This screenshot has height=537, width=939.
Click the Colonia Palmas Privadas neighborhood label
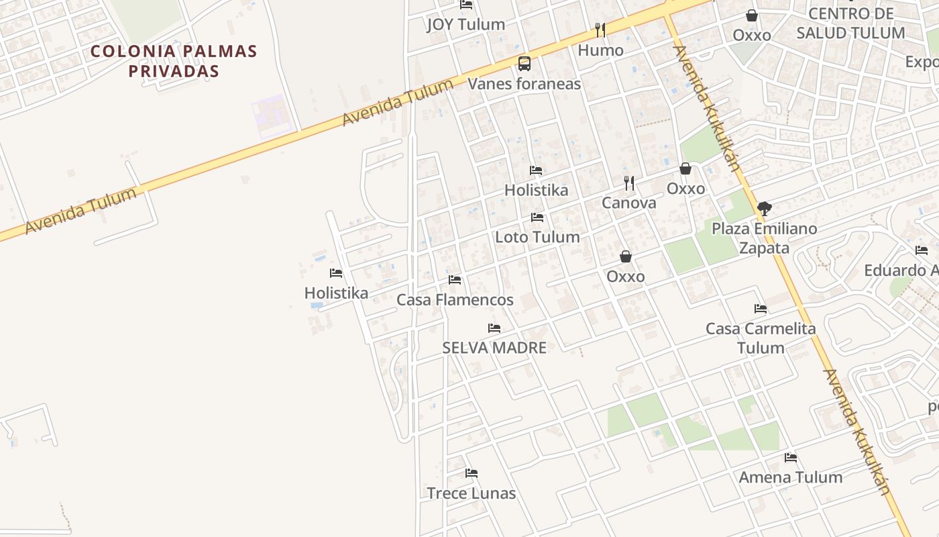[174, 61]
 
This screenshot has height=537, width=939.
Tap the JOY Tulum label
[465, 25]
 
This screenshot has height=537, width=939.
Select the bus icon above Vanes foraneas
[524, 64]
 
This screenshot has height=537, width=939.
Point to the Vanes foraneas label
[524, 84]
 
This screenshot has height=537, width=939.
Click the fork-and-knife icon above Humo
[600, 30]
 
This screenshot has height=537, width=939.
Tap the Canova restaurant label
[628, 203]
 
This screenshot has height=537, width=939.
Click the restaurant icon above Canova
[629, 183]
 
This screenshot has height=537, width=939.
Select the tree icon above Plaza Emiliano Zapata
[764, 209]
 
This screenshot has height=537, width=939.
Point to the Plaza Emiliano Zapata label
[764, 238]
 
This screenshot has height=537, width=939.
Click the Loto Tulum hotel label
[537, 237]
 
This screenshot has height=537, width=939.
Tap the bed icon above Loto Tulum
[537, 217]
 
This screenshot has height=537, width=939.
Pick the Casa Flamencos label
[455, 300]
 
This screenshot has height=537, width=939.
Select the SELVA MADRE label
[494, 348]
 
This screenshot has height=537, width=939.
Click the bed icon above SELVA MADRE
[494, 328]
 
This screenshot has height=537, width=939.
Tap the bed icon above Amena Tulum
[791, 458]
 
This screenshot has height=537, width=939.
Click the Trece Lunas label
[472, 493]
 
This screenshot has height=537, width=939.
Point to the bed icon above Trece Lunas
[472, 473]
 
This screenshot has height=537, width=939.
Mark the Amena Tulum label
[791, 477]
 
